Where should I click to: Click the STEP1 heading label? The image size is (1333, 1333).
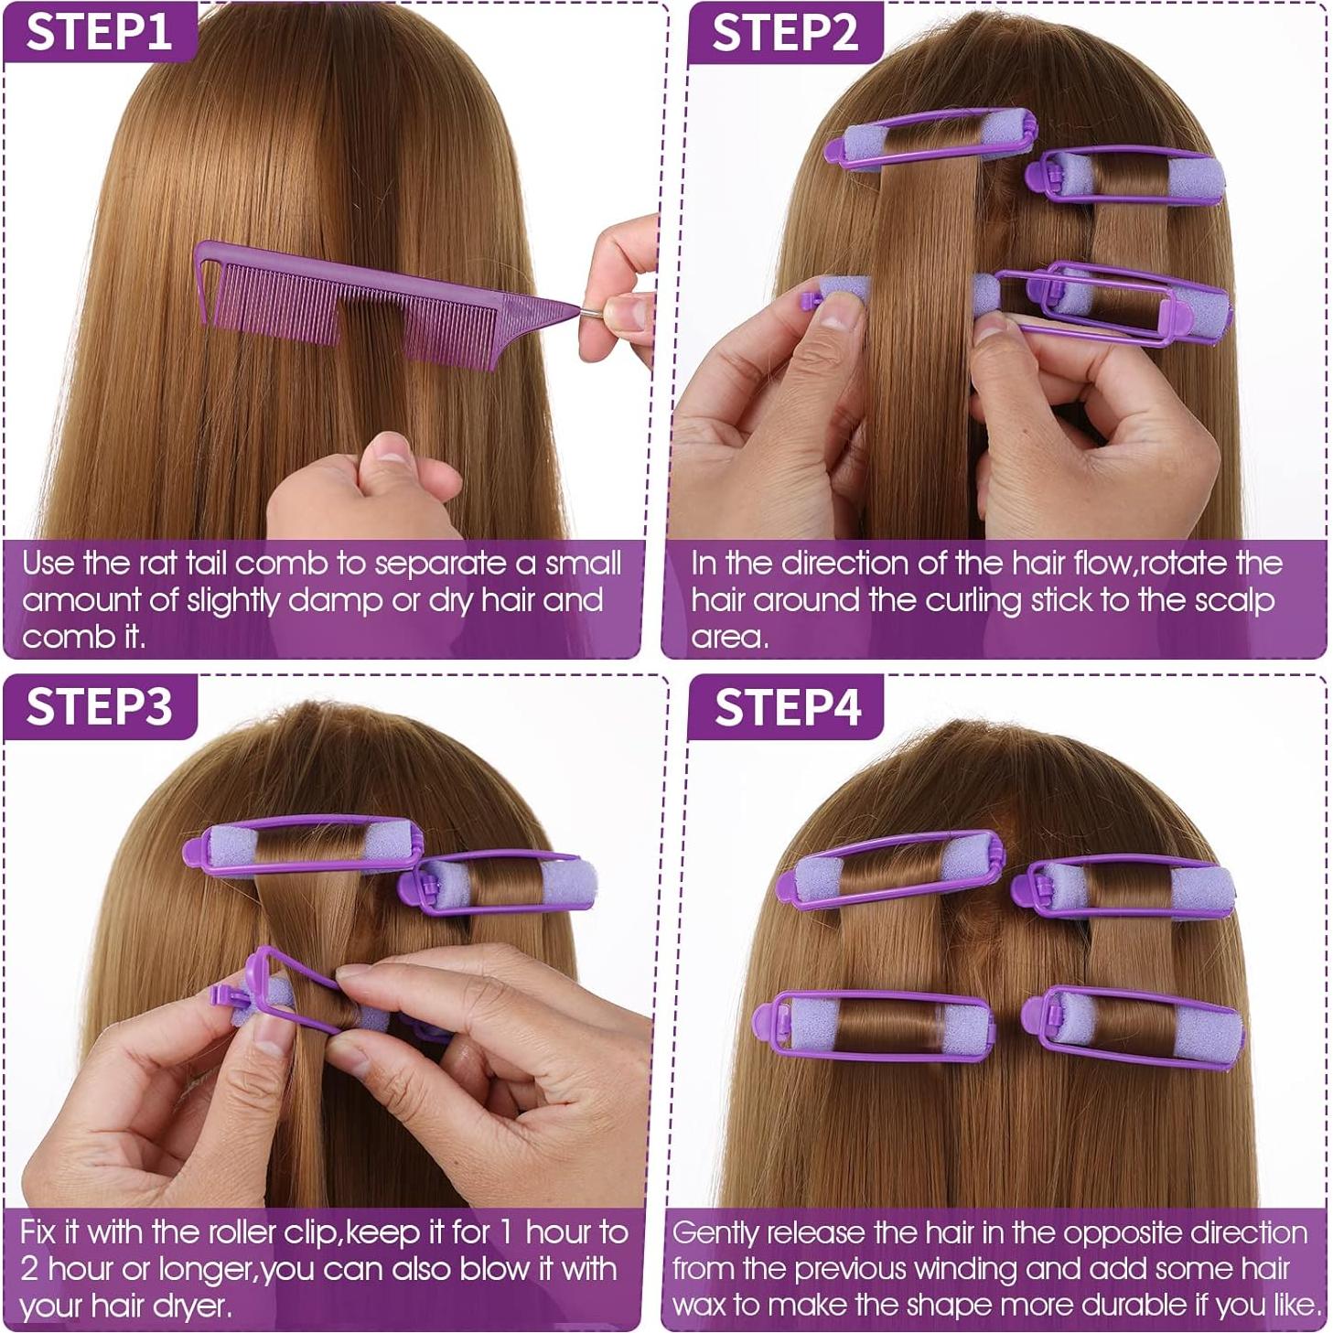click(99, 32)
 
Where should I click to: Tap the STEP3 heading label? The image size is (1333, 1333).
click(99, 706)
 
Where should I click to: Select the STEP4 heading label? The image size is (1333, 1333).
click(787, 707)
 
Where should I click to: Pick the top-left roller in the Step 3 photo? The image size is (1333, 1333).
click(304, 845)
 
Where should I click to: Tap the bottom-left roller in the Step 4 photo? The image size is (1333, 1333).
click(873, 1025)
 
